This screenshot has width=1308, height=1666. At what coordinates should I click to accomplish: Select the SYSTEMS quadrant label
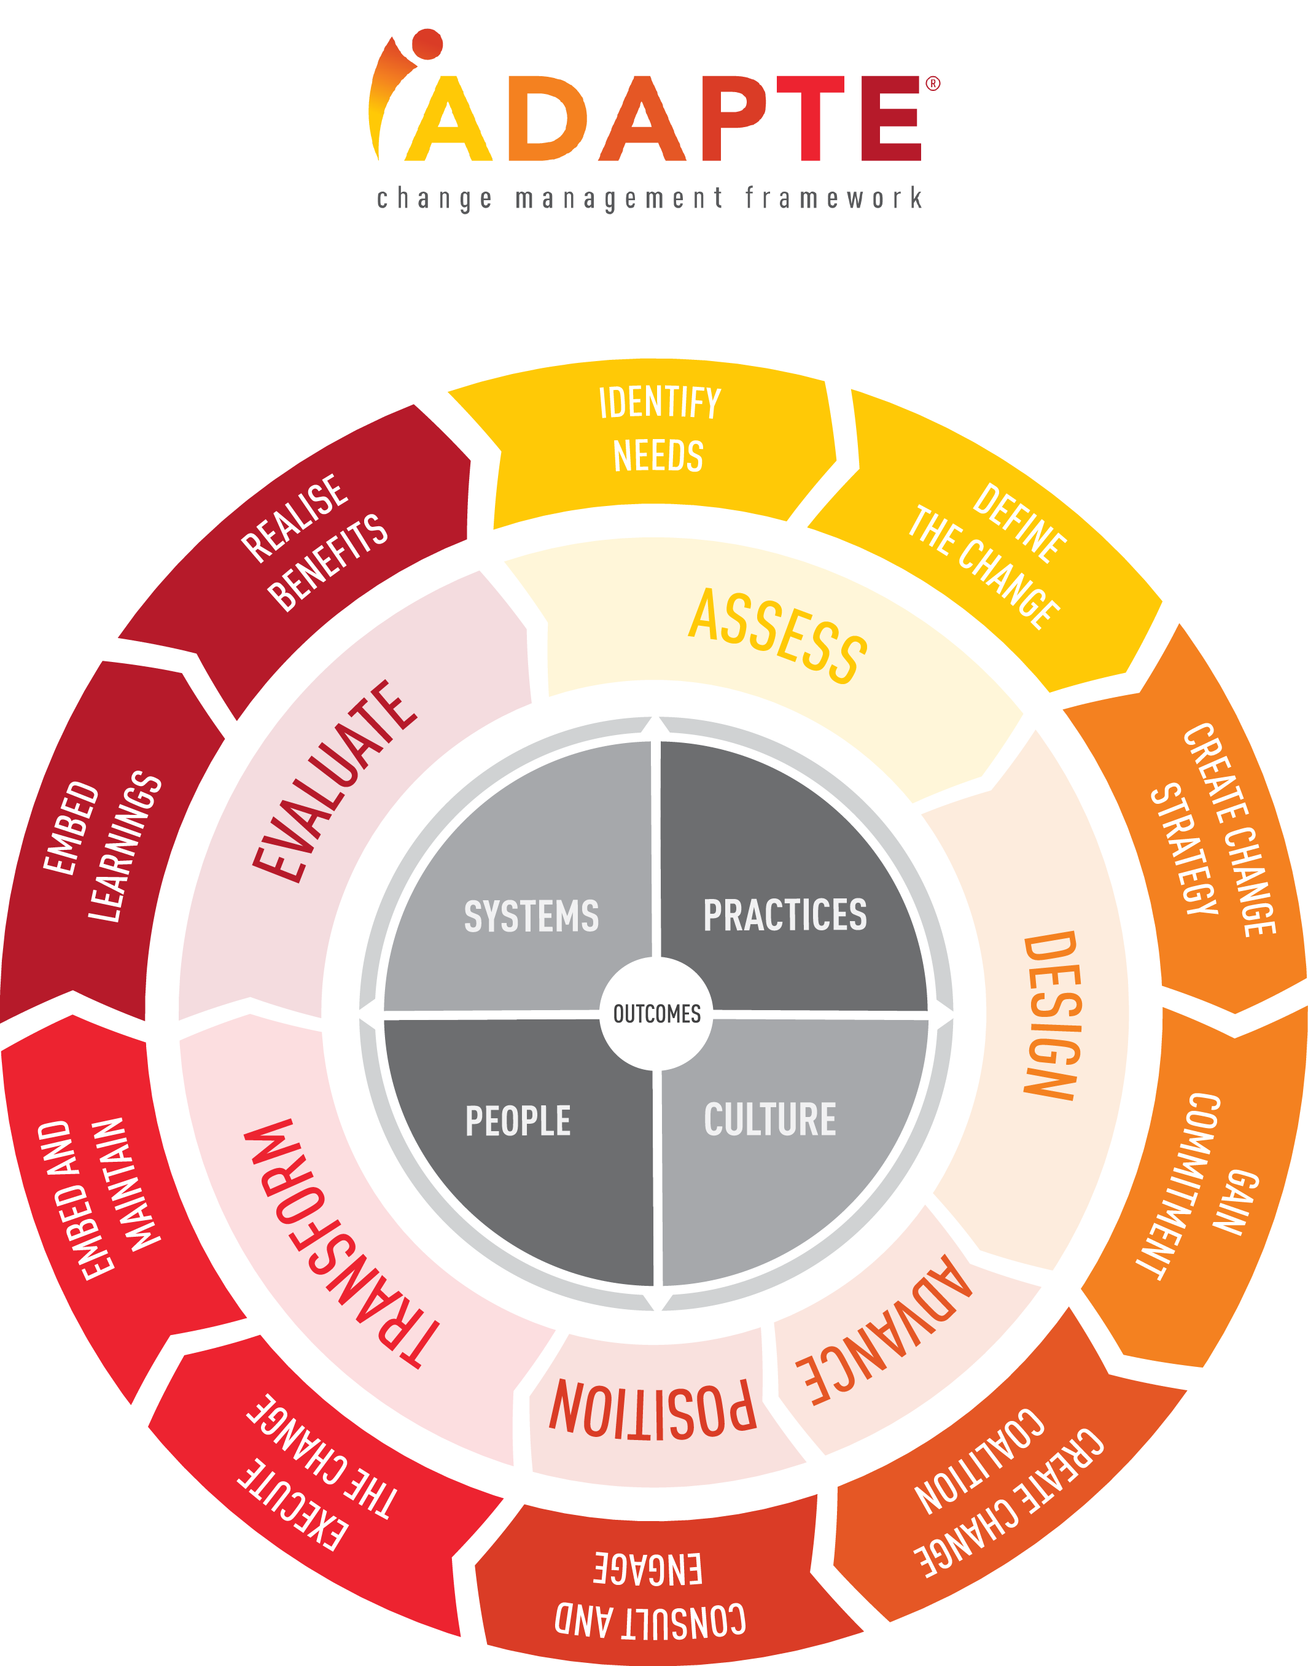coord(531,916)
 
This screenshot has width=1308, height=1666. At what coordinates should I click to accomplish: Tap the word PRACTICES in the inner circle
coord(785,915)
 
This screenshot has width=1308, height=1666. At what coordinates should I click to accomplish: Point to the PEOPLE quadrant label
coord(518,1121)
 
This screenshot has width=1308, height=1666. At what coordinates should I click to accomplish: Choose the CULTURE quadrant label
coord(769,1119)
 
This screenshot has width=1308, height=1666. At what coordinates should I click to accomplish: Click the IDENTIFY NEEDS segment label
coord(658,429)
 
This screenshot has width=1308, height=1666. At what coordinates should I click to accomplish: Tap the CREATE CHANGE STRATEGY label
coord(1213,831)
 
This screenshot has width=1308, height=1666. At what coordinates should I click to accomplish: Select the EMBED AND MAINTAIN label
coord(99,1199)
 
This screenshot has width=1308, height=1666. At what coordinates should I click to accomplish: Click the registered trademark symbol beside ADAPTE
coord(933,84)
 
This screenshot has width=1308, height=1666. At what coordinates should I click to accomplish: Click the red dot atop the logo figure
coord(427,44)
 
